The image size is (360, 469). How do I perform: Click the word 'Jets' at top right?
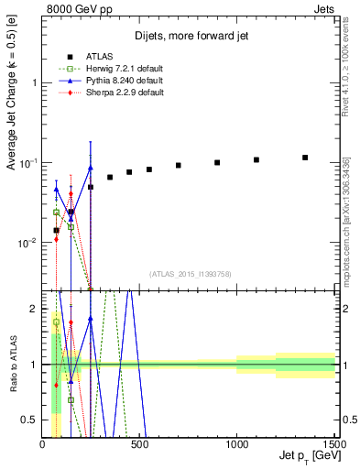click(x=323, y=8)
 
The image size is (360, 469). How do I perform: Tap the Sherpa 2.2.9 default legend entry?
click(x=109, y=93)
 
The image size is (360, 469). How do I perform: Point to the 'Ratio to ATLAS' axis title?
click(x=12, y=363)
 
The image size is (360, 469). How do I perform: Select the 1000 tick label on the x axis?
click(x=237, y=444)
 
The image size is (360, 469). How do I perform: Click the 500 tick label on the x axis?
click(x=140, y=444)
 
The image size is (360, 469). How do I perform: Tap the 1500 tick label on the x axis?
click(x=333, y=444)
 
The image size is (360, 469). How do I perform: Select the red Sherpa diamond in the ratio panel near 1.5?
click(x=71, y=323)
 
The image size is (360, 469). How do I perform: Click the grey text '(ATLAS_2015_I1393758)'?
click(x=191, y=273)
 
